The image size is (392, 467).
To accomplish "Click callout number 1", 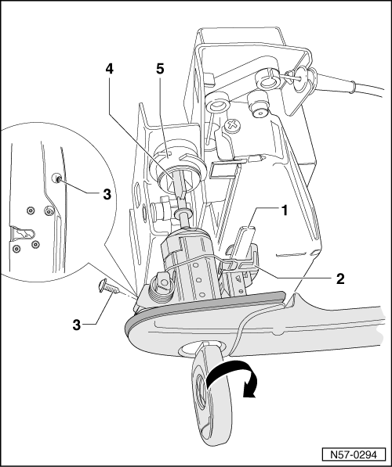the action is click(285, 210).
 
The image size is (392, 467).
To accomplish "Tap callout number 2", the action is click(340, 278).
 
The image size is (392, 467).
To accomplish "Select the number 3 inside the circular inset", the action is click(107, 194).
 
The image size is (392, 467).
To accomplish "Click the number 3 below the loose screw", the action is click(76, 325).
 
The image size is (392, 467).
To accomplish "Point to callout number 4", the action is click(109, 69).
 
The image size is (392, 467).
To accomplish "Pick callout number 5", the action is click(160, 69).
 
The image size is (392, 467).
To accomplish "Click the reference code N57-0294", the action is click(354, 454).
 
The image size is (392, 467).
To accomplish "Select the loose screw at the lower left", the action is click(109, 286).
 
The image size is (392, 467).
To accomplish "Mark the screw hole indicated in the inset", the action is click(58, 178).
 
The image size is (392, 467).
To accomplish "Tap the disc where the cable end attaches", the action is click(300, 77).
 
